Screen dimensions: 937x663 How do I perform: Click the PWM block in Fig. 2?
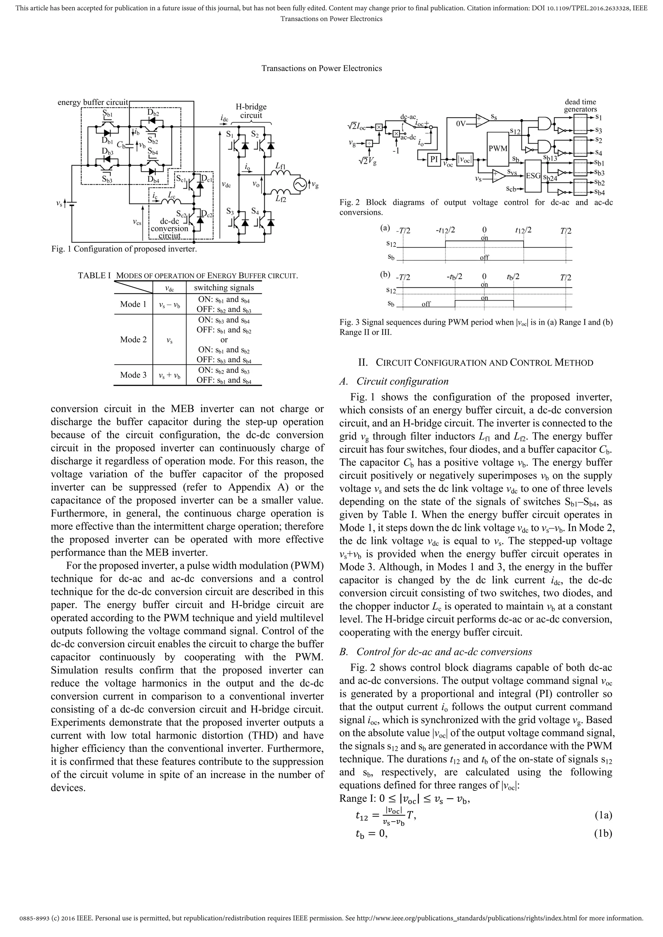498,148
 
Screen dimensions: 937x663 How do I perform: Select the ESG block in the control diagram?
532,176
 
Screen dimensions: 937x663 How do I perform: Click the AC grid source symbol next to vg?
300,185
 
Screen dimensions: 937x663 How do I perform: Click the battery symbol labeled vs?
72,203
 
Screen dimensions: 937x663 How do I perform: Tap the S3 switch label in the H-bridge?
230,212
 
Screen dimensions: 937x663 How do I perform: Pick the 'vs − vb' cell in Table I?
170,304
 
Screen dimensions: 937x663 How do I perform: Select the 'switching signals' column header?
224,288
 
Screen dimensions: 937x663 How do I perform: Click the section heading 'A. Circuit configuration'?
394,381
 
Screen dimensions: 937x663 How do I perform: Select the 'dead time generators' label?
580,105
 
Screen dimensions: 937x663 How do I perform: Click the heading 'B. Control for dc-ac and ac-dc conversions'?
436,652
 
